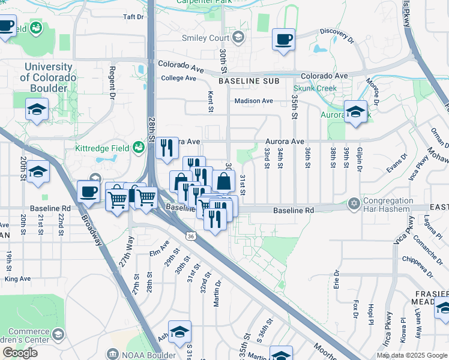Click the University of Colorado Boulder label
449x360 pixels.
48,77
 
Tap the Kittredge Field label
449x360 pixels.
102,148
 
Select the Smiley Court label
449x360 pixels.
206,38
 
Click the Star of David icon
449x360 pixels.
354,205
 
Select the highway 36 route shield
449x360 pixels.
190,237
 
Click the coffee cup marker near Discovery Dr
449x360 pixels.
283,40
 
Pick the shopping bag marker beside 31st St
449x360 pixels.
223,181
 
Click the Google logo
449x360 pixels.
20,353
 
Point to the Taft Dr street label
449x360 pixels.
133,17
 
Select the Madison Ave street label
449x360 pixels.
253,101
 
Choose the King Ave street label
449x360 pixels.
17,279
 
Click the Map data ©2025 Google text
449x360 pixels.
411,355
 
